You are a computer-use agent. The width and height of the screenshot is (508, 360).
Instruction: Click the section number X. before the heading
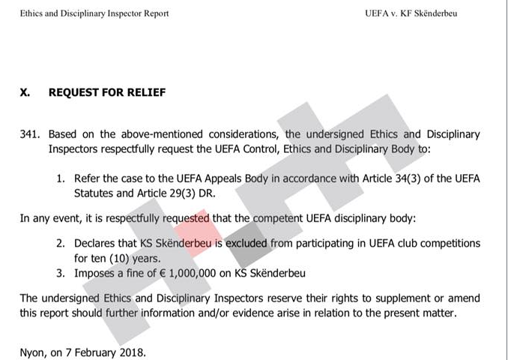click(25, 92)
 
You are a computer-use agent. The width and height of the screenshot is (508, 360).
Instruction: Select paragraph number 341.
click(31, 134)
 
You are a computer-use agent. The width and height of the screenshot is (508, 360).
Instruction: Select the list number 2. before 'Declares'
click(61, 244)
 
